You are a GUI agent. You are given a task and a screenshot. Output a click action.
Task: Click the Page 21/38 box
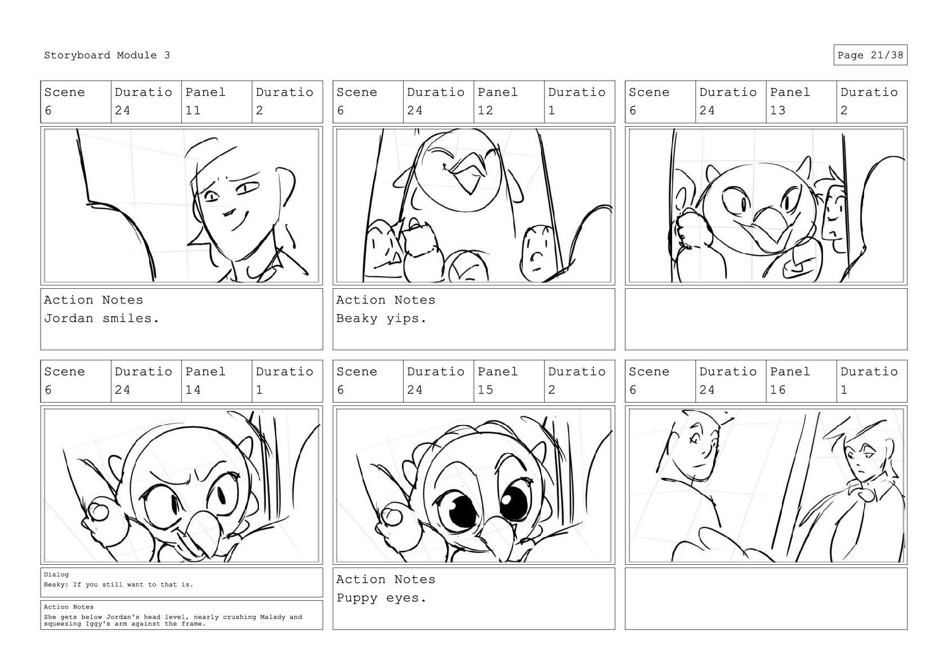coord(870,55)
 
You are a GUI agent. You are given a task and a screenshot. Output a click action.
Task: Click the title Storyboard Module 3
coord(107,55)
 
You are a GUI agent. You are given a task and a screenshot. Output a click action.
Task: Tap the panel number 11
coord(193,110)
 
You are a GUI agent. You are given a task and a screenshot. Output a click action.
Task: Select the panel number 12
coord(485,110)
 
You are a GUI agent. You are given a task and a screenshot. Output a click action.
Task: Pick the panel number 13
coord(777,110)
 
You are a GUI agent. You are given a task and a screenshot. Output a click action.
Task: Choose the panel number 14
coord(193,390)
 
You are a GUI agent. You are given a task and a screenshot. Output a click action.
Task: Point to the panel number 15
coord(485,390)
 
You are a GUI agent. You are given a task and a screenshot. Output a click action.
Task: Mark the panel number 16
coord(777,390)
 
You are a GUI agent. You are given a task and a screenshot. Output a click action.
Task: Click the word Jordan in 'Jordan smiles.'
coord(69,318)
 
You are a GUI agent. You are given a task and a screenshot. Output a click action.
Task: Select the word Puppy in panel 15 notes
coord(356,598)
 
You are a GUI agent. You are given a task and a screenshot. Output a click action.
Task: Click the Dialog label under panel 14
coord(56,574)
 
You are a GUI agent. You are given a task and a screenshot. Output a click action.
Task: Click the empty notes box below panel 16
coord(766,598)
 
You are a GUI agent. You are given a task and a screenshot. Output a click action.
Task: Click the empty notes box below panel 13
coord(766,319)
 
